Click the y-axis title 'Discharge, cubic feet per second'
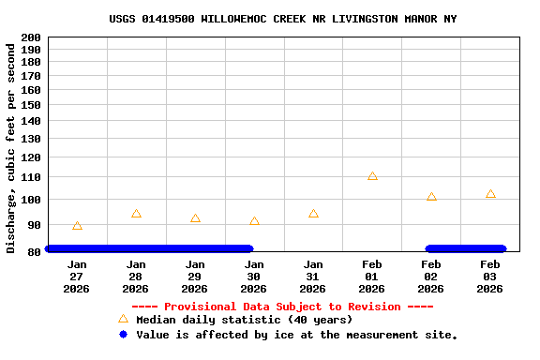(11, 148)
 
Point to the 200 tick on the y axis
(30, 37)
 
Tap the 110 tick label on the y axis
(30, 177)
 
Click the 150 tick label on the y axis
(30, 106)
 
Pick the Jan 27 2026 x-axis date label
(77, 277)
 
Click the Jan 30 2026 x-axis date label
(254, 277)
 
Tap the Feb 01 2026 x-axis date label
(372, 277)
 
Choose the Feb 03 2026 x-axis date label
(490, 277)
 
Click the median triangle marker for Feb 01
(372, 176)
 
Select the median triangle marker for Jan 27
(77, 226)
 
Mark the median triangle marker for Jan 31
(313, 214)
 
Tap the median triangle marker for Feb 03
(490, 194)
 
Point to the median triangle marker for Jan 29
(195, 218)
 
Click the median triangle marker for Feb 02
(431, 197)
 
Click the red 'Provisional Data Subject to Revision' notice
(282, 307)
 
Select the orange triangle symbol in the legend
(123, 320)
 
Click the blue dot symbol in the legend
(123, 335)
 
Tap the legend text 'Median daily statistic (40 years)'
(244, 320)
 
